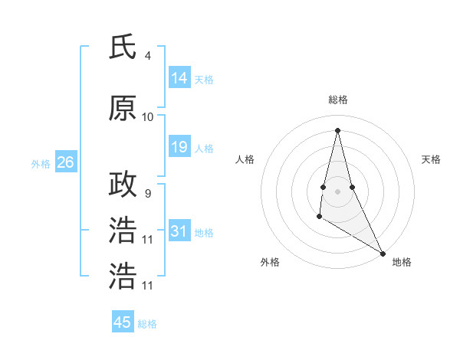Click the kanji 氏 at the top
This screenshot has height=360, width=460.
click(123, 47)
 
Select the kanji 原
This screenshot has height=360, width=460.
click(123, 109)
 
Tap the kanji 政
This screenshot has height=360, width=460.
click(123, 185)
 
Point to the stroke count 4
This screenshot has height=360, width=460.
click(147, 56)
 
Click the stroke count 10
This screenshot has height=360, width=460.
click(148, 117)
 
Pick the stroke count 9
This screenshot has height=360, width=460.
click(147, 193)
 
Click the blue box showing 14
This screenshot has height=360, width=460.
click(179, 78)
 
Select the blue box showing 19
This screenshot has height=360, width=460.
click(179, 147)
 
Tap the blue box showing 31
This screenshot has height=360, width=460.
click(179, 231)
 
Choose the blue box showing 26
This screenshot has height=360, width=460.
click(65, 162)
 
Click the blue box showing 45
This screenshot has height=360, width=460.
click(123, 322)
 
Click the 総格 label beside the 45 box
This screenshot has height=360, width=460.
click(147, 324)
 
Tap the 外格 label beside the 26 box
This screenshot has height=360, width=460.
click(40, 163)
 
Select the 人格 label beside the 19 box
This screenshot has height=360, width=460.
click(204, 148)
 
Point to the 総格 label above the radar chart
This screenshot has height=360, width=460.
click(337, 100)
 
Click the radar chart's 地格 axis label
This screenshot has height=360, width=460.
click(402, 262)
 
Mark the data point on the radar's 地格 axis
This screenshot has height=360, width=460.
click(383, 252)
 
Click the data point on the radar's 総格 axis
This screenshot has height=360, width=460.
click(337, 129)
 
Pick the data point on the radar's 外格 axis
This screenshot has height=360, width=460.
click(319, 218)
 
